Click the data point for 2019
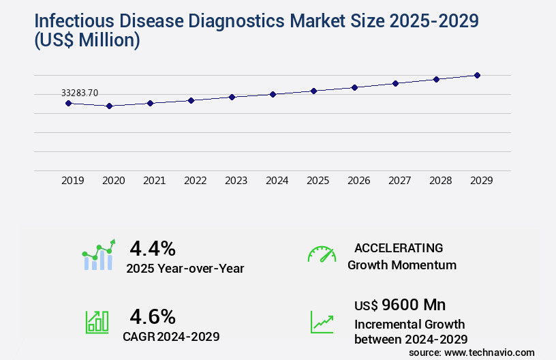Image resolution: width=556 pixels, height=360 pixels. [x=68, y=103]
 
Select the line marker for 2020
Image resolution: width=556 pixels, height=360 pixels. [x=109, y=106]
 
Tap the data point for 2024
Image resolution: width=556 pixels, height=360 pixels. [x=273, y=94]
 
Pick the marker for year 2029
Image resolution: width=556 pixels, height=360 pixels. [x=477, y=75]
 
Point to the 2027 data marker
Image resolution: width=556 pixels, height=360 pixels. [x=395, y=83]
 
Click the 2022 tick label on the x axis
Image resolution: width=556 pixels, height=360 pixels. [x=195, y=181]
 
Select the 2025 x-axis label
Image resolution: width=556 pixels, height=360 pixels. [x=318, y=181]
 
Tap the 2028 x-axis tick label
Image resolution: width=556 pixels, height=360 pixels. [x=440, y=181]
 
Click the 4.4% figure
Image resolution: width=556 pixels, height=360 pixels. [x=153, y=247]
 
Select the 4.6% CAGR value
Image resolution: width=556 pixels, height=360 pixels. [x=153, y=316]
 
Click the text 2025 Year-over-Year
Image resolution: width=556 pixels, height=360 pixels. [x=185, y=269]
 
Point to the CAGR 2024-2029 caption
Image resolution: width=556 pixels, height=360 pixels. [x=171, y=336]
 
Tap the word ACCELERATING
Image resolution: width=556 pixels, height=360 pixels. [x=399, y=248]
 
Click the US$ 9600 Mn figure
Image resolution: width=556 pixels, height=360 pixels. [x=400, y=304]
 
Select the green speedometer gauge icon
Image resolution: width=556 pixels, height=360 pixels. [x=322, y=254]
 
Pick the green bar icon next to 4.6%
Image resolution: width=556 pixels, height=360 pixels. [x=97, y=322]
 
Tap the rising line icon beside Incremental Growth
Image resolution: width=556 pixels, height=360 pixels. [x=322, y=322]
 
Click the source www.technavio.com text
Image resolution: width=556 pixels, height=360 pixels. [x=472, y=352]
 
